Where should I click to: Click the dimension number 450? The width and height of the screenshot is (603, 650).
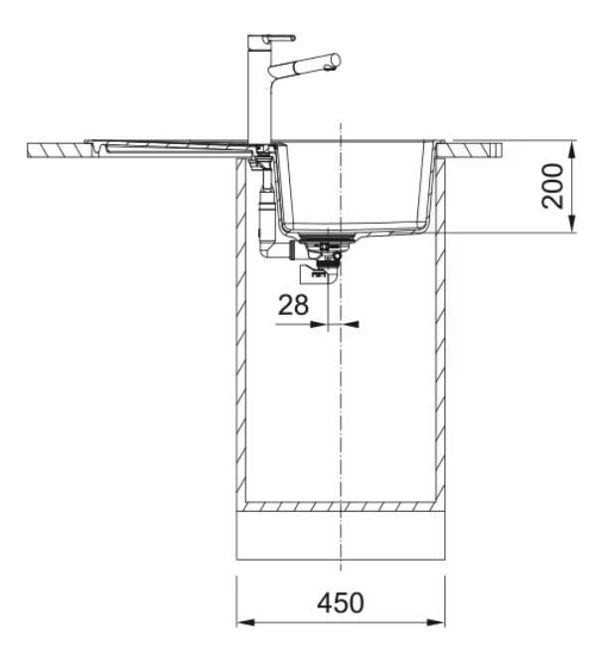point(341,602)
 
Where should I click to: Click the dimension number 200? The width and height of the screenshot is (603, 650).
point(553,186)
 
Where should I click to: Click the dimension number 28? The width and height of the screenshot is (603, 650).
point(293,305)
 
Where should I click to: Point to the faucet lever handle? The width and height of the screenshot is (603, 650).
point(278,38)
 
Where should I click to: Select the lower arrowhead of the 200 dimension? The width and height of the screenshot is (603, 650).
point(572,224)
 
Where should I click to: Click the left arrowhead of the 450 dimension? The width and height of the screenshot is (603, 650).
point(245,622)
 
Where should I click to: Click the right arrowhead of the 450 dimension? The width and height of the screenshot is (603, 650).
point(435,622)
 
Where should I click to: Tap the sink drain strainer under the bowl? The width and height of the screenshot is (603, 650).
point(328,238)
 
